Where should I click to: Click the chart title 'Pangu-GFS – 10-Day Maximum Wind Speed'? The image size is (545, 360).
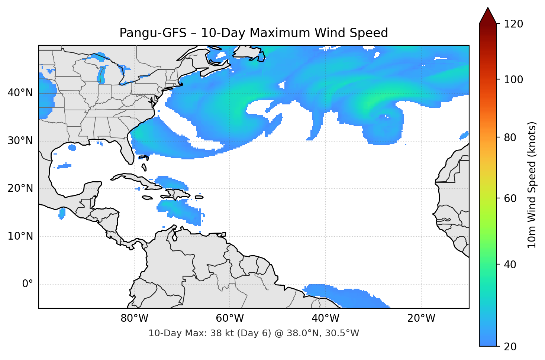click(254, 33)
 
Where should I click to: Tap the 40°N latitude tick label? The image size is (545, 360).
click(20, 93)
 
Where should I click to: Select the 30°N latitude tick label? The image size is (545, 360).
click(20, 141)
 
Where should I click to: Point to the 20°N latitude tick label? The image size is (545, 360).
click(20, 188)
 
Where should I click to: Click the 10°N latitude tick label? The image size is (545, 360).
click(20, 236)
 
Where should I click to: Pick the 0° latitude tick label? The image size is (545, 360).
click(27, 284)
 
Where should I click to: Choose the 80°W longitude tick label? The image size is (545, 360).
click(134, 318)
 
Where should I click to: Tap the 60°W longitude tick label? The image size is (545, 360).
click(230, 318)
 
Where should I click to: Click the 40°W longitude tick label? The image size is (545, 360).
click(325, 318)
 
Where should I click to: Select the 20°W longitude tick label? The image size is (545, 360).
click(421, 318)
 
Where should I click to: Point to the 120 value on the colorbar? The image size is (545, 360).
click(513, 24)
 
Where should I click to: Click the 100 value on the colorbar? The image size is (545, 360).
click(513, 80)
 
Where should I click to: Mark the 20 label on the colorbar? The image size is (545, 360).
click(510, 347)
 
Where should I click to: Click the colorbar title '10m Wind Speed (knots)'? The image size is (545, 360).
click(532, 185)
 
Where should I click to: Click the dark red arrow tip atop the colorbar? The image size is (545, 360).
click(488, 15)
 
